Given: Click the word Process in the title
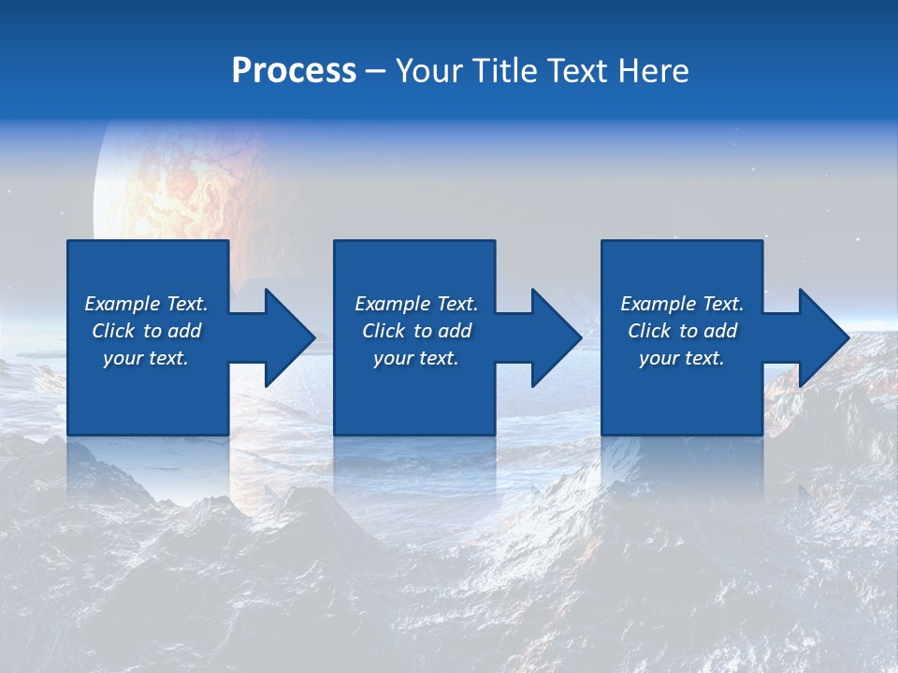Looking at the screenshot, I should coord(294,71).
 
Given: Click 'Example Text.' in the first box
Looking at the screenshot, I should coord(146,304).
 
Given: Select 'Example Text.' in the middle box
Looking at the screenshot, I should coord(416,304).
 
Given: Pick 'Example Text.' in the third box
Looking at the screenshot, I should coord(682,304).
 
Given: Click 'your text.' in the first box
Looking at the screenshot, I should coord(146,358).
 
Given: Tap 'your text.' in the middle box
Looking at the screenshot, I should coord(416,358).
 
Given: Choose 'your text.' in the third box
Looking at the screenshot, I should coord(682,358).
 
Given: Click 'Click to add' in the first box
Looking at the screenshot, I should coord(146,331).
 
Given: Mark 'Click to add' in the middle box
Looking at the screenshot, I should coord(416,331).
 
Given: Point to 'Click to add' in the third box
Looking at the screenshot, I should coord(682,331).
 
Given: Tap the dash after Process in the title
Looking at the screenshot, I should coord(375,72).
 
